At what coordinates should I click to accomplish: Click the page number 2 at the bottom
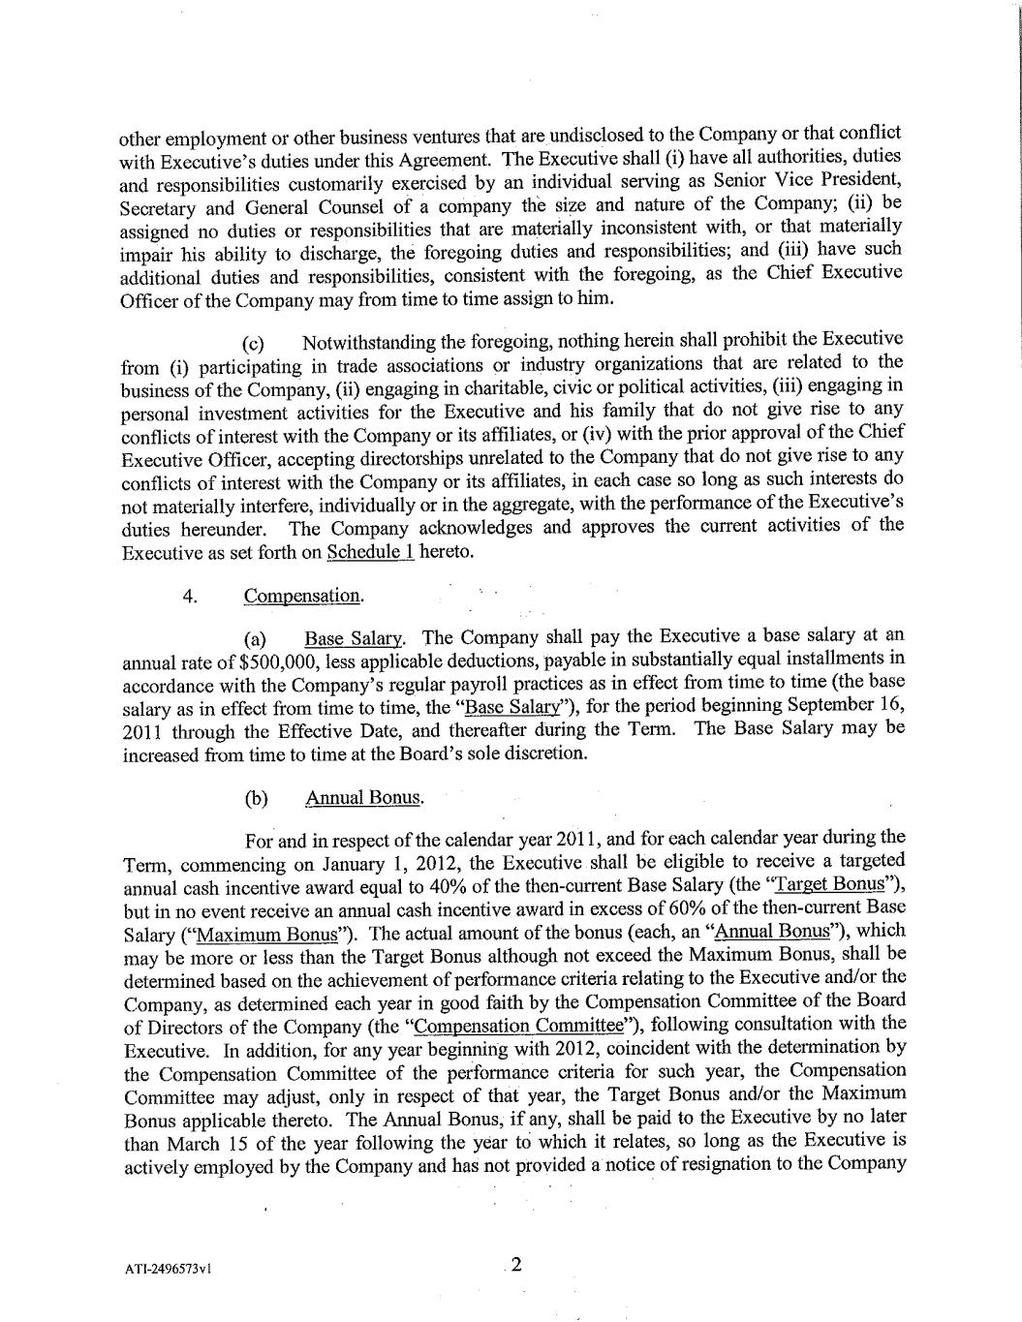[516, 1264]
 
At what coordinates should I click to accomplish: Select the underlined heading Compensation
[303, 596]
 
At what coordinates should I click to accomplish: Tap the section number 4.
[190, 596]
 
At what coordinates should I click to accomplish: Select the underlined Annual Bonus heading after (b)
[363, 798]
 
